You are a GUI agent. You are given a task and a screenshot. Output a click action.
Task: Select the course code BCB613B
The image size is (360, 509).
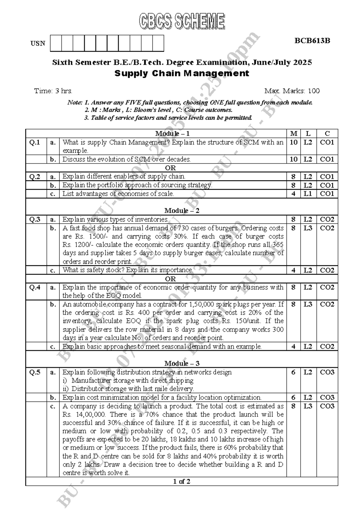tap(312, 41)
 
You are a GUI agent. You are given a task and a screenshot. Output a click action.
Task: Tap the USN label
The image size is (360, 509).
tap(38, 44)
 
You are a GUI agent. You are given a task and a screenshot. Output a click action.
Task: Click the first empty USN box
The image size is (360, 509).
tap(56, 43)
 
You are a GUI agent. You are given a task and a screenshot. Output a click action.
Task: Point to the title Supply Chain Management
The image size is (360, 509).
tap(182, 73)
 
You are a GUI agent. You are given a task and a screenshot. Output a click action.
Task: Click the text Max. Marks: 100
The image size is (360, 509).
tap(292, 91)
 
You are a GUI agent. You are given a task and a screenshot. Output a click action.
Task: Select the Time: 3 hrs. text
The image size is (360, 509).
tap(53, 91)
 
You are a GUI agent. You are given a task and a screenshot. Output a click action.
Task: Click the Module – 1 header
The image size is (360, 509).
tap(172, 134)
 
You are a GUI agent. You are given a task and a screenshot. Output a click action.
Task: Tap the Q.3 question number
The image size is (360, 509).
tap(35, 219)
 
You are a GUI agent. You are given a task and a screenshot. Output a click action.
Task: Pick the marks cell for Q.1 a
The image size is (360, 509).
tap(293, 142)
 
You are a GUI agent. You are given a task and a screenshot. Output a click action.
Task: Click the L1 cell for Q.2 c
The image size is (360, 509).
tap(308, 194)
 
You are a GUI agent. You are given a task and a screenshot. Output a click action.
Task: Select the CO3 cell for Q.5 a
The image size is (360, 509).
tap(327, 372)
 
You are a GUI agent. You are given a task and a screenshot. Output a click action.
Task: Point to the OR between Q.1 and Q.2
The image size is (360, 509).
tap(170, 168)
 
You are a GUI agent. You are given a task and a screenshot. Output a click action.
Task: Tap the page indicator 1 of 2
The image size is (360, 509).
tap(181, 482)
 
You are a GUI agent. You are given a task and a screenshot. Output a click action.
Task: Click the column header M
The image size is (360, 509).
tap(293, 134)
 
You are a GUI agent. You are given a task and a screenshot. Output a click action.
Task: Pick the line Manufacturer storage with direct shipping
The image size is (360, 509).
tap(132, 381)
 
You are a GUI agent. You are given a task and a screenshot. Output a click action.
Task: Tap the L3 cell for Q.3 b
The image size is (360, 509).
tap(308, 228)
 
